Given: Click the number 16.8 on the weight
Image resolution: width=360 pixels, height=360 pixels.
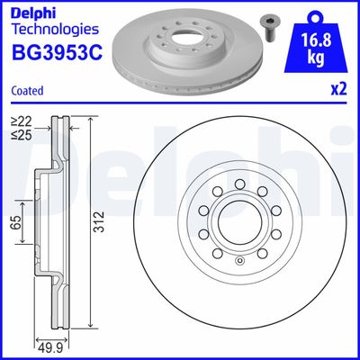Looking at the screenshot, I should [317, 40].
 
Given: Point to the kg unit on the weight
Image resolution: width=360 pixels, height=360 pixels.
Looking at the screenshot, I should [317, 58].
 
